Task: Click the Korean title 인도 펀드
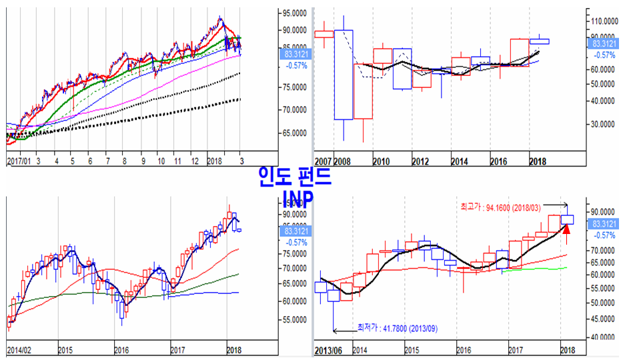click(x=294, y=176)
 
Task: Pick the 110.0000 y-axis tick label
click(x=604, y=21)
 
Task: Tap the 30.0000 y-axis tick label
click(x=604, y=124)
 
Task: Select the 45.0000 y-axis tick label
click(x=604, y=319)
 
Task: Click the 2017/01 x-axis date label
click(x=18, y=161)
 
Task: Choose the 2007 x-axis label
click(x=323, y=162)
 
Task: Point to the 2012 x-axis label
click(x=421, y=162)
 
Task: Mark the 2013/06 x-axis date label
click(x=328, y=350)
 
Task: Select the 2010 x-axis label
click(x=382, y=162)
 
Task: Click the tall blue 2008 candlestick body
click(x=344, y=75)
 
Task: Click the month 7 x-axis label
click(x=107, y=161)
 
